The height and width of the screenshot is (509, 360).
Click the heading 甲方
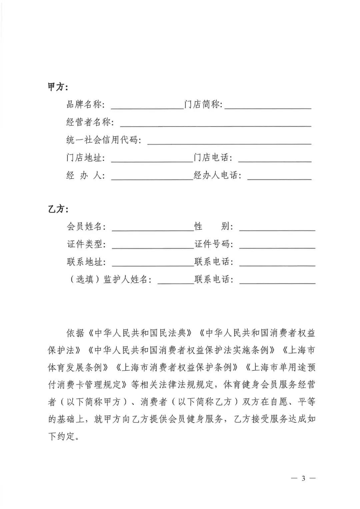57,87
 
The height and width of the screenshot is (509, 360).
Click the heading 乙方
57,210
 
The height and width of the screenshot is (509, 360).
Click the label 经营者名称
90,122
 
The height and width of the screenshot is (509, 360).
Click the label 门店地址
85,158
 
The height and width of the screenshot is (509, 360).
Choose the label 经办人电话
218,175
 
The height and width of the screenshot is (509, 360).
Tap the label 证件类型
86,244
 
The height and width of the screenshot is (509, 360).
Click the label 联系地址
86,262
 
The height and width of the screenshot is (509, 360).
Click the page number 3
303,479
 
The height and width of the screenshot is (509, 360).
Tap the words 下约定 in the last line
61,437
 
